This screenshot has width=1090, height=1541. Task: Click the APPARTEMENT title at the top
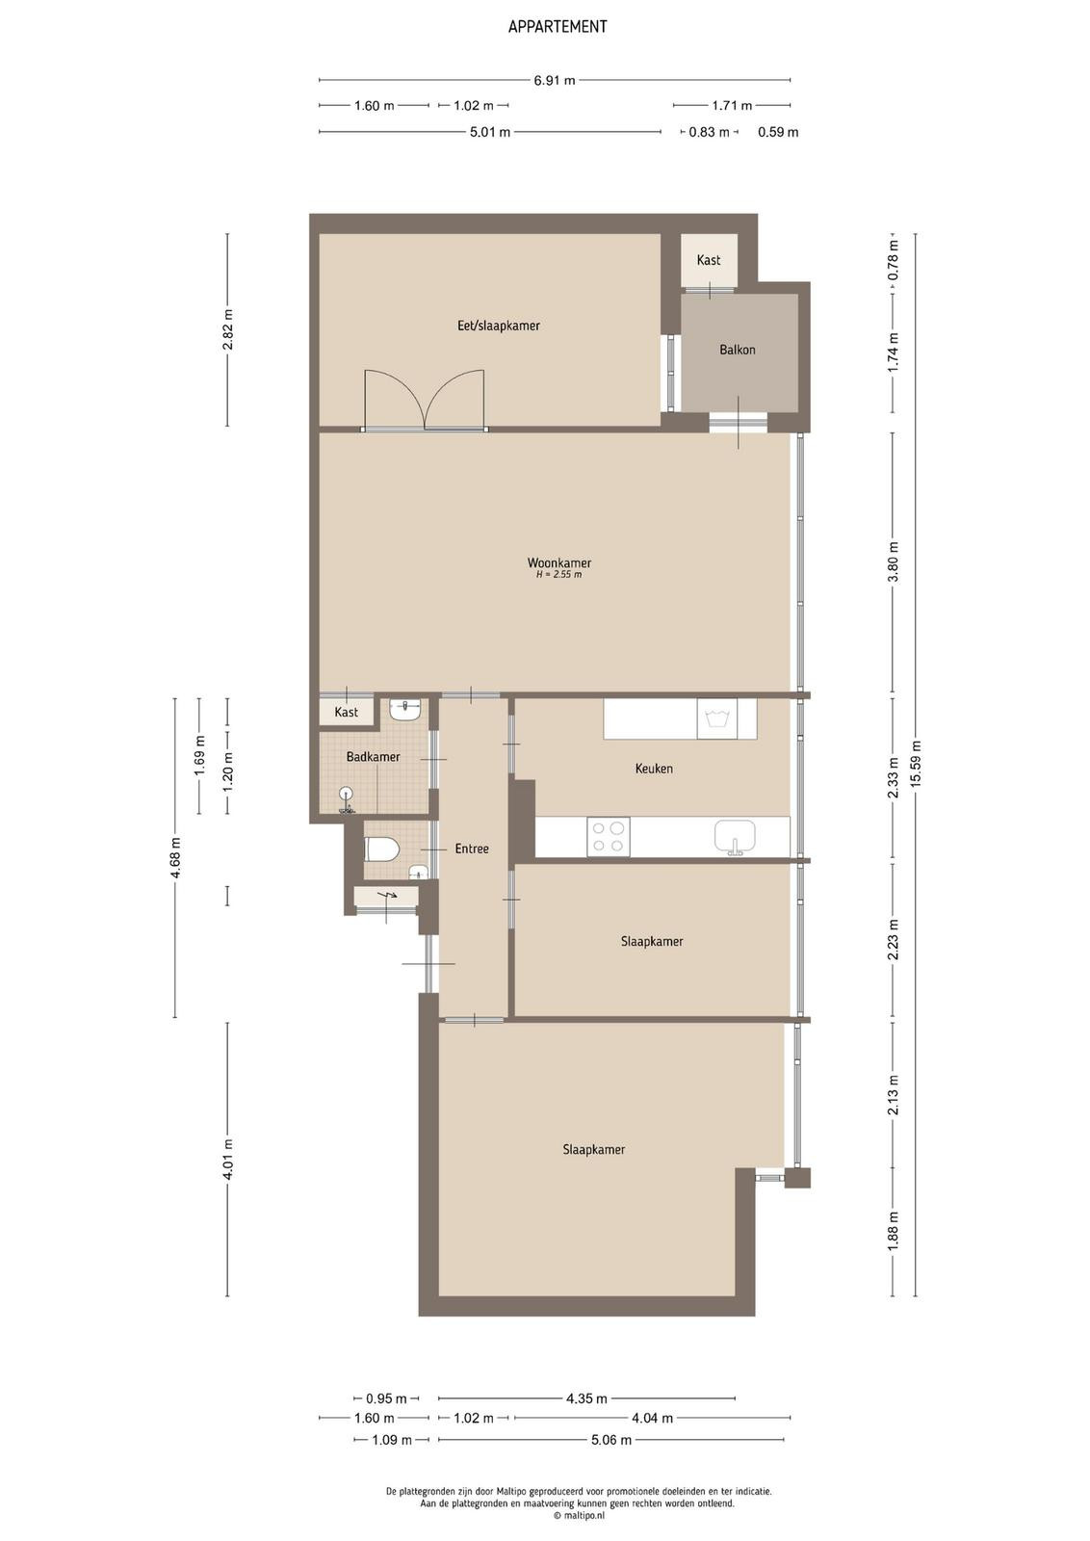coord(557,27)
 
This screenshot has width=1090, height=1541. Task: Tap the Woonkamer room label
coord(559,562)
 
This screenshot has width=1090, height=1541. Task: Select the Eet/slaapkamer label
coord(499,326)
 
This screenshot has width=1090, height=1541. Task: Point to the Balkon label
coord(738,350)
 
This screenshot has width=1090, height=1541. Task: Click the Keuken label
coord(653,769)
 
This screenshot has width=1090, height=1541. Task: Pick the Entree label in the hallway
coord(472,849)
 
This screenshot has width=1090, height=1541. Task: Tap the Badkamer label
coord(373,757)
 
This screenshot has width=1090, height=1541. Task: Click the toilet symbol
coord(380,849)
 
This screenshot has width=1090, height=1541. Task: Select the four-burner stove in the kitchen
coord(609,837)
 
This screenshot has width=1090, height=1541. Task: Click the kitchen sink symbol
coord(735,837)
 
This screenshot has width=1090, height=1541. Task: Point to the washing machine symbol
coord(716,718)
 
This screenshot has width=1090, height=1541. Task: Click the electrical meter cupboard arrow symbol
coord(389,895)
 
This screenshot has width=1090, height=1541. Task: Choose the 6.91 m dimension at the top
coord(555,81)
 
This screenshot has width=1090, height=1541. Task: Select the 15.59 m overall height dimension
coord(916,765)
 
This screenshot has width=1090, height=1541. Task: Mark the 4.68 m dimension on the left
coord(176,857)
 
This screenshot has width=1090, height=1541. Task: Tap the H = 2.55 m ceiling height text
coord(559,574)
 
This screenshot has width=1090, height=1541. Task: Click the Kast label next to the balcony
coord(709,260)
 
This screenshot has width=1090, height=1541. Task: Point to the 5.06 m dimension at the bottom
coord(610,1440)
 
